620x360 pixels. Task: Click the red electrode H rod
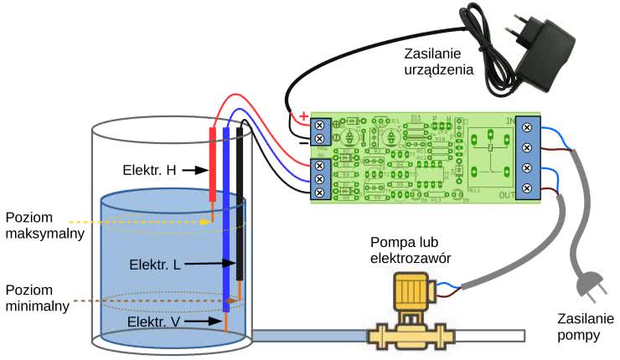(213, 164)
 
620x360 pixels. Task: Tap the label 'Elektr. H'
(149, 170)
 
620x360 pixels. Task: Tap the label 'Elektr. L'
(155, 264)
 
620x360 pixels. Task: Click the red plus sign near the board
(302, 116)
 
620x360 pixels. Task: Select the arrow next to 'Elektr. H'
(194, 170)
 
